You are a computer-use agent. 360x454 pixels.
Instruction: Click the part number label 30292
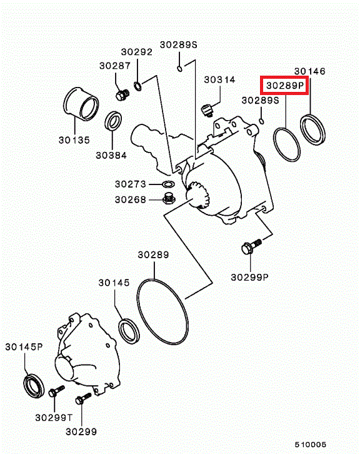point(137,52)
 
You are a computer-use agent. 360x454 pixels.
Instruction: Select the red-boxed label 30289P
point(285,86)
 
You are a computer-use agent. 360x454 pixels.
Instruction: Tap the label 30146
point(309,71)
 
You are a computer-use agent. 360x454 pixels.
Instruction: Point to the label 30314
point(219,79)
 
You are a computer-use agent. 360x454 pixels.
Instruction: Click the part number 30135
point(74,140)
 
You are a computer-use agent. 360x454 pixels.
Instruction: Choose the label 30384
point(111,156)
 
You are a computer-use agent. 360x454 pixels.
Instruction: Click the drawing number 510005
point(310,445)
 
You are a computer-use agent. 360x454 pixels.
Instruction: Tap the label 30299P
point(249,278)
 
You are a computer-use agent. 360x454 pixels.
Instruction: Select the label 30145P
point(24,347)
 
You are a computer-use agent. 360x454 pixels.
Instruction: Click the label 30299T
point(54,418)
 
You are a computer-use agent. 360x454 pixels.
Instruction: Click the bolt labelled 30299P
point(251,246)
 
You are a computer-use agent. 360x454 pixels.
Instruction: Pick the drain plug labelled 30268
point(167,199)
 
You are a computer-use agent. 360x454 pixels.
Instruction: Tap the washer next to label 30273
point(168,184)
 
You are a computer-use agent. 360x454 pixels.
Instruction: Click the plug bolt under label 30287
point(122,94)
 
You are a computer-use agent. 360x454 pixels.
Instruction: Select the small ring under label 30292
point(137,86)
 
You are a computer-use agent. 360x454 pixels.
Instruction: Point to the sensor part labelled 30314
point(207,110)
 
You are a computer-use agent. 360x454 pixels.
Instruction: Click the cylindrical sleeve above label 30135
point(81,104)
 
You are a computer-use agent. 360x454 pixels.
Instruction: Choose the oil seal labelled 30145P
point(34,386)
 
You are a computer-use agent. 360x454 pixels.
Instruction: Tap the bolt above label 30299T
point(56,391)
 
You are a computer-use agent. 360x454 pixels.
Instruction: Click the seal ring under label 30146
point(312,129)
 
